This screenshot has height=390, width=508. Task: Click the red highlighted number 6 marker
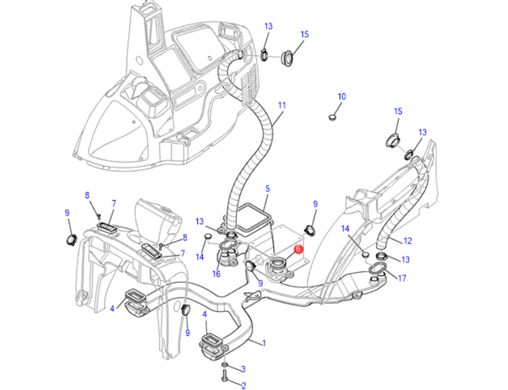pos(298,248)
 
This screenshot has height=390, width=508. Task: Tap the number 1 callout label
pos(264,343)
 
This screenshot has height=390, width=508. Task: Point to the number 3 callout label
pos(243,369)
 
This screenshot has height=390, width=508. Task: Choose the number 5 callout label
pos(267,189)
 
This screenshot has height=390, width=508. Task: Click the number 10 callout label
pos(342,97)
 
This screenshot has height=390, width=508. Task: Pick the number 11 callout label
pos(282,104)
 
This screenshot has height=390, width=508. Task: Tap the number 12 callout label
pos(408,240)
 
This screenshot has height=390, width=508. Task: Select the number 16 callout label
pos(217,274)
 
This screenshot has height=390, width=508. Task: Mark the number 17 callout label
pos(402,279)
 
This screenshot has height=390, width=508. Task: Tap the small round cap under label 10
pos(333,117)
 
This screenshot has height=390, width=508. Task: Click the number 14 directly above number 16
pos(199,257)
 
